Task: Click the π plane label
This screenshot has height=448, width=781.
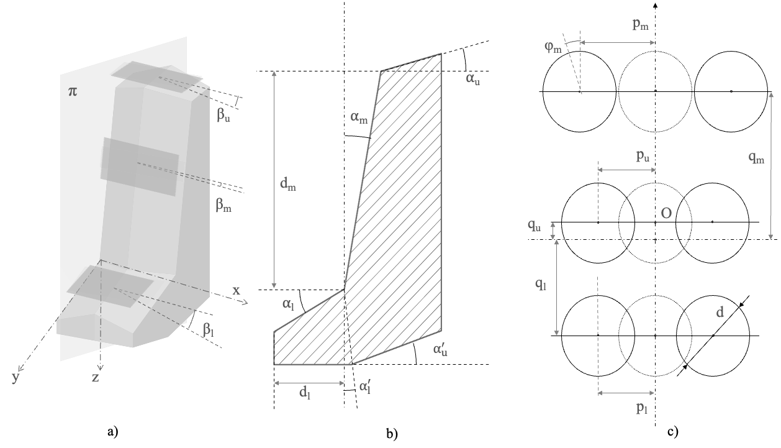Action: pos(73,93)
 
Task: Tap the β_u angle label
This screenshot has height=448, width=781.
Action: pos(224,115)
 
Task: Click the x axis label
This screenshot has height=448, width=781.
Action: pos(236,290)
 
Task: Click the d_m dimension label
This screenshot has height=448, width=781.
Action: pos(289,185)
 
